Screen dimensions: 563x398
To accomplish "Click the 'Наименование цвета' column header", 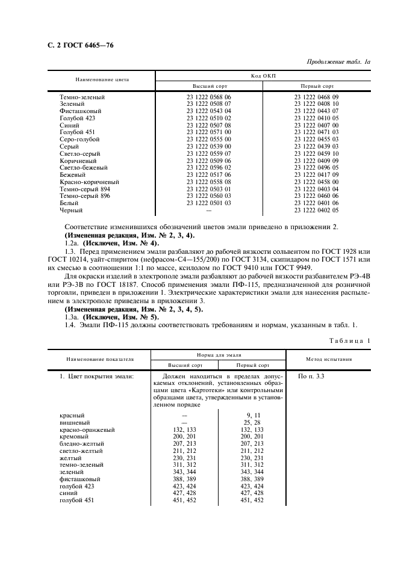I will click(102, 79).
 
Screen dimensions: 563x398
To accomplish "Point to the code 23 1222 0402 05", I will click(316, 211).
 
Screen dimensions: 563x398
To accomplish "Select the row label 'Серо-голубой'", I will click(79, 140).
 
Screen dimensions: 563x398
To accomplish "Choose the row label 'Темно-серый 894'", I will click(84, 189).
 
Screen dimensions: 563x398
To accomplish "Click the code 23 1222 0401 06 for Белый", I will click(316, 203).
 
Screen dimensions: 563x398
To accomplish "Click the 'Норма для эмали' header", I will click(219, 355).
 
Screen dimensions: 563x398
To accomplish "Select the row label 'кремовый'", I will click(73, 437).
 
